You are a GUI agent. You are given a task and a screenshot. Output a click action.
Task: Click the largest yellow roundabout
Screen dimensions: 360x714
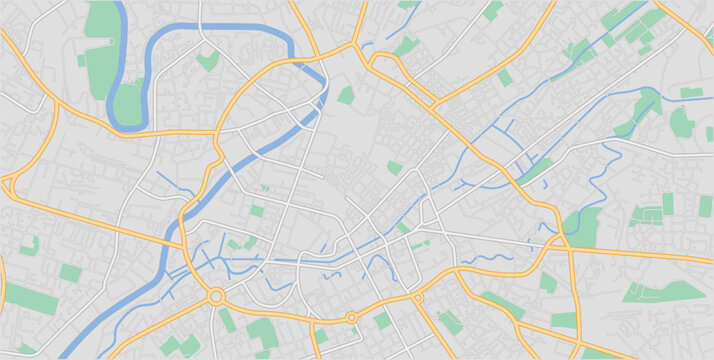click(216, 296)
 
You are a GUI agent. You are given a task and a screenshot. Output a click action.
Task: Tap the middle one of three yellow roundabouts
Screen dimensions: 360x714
click(351, 317)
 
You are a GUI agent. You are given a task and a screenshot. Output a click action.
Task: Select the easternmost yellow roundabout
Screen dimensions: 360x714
click(418, 298)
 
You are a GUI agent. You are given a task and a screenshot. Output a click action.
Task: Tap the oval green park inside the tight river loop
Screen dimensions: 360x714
click(127, 103)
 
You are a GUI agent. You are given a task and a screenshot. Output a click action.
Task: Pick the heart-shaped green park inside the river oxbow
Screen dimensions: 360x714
click(207, 61)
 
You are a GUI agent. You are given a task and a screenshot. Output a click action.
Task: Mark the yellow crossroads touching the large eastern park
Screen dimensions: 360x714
click(566, 244)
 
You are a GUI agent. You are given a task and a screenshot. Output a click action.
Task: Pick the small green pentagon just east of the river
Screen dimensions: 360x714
click(346, 96)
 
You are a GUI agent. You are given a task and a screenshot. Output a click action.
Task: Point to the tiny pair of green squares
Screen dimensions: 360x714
click(264, 187)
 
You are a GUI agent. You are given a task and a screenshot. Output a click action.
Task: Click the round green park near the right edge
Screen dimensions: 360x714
click(681, 123)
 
